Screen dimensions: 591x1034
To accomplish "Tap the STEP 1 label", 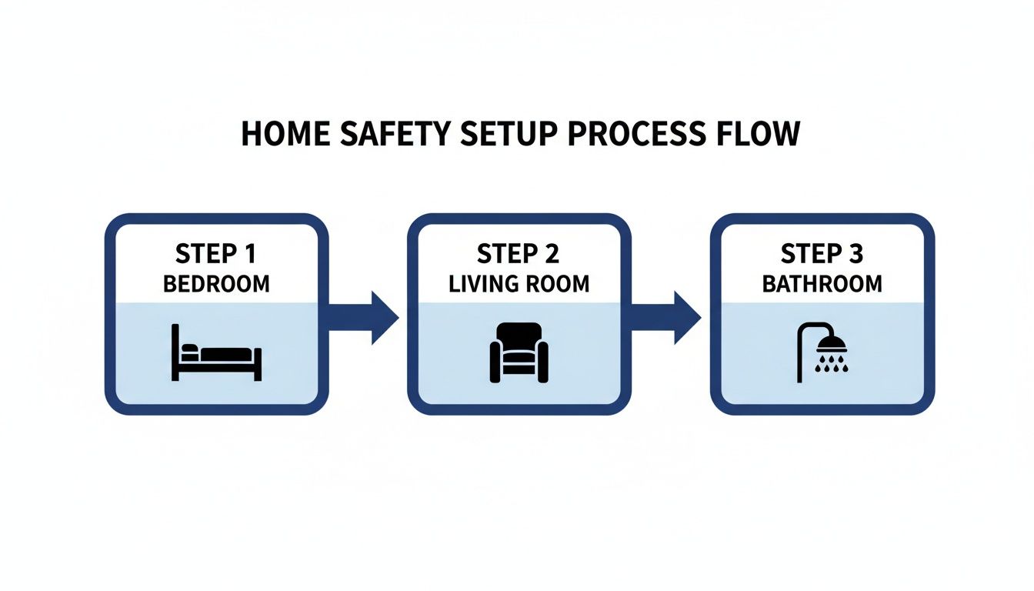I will [x=216, y=253].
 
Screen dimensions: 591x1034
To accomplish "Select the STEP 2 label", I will [x=518, y=253].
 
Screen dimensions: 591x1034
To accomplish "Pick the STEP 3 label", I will [x=821, y=253].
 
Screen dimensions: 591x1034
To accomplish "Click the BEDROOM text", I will [x=216, y=283].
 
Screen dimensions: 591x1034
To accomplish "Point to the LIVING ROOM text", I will [x=519, y=283].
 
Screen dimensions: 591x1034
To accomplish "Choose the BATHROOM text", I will [x=822, y=283].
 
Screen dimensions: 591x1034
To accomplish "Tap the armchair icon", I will [x=519, y=352].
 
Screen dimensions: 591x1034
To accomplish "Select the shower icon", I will [x=822, y=352].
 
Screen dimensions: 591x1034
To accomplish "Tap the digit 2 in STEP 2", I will [x=552, y=253].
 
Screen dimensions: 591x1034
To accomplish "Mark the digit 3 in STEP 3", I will [x=855, y=253].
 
